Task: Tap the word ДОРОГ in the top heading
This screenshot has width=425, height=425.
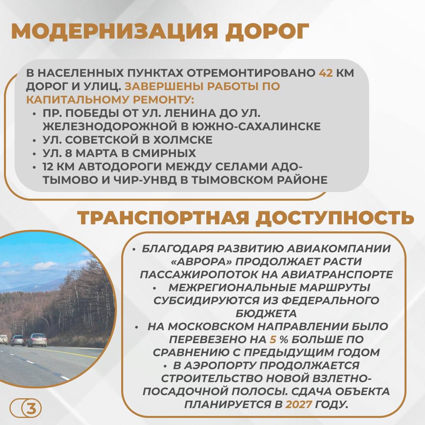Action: (267, 32)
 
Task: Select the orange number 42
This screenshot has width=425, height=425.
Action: (325, 73)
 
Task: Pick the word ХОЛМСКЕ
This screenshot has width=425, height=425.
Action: (183, 140)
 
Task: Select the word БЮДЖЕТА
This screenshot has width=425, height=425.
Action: (266, 314)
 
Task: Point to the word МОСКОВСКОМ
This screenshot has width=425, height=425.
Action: (210, 327)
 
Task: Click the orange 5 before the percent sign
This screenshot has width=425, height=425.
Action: (273, 339)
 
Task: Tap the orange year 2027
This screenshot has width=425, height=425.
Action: (299, 405)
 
